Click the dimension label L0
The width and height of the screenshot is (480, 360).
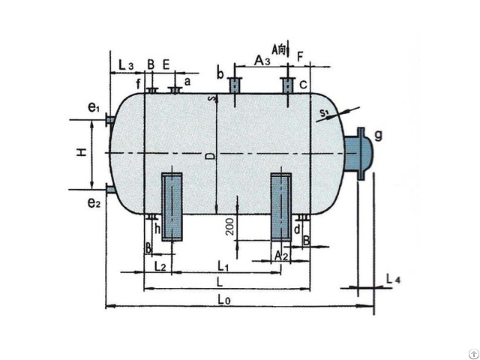tap(223, 298)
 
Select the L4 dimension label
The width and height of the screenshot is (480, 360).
tap(393, 279)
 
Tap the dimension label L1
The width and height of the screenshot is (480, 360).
tap(222, 265)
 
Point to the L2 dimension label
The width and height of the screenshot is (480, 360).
tap(158, 265)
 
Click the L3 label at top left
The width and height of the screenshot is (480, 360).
tap(126, 66)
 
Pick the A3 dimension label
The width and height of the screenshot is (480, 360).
tap(262, 60)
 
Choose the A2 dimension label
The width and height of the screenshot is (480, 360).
tap(281, 256)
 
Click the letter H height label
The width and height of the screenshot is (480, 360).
tap(81, 153)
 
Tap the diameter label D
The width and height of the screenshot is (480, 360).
tap(211, 155)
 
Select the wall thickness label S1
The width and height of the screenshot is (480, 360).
tap(324, 113)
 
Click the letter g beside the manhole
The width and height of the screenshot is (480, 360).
tap(378, 135)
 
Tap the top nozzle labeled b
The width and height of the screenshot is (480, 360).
tap(234, 85)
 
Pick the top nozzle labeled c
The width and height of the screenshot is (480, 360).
tap(287, 85)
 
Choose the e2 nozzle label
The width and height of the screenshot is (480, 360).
tap(93, 202)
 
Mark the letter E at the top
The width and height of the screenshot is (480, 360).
tap(166, 65)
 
